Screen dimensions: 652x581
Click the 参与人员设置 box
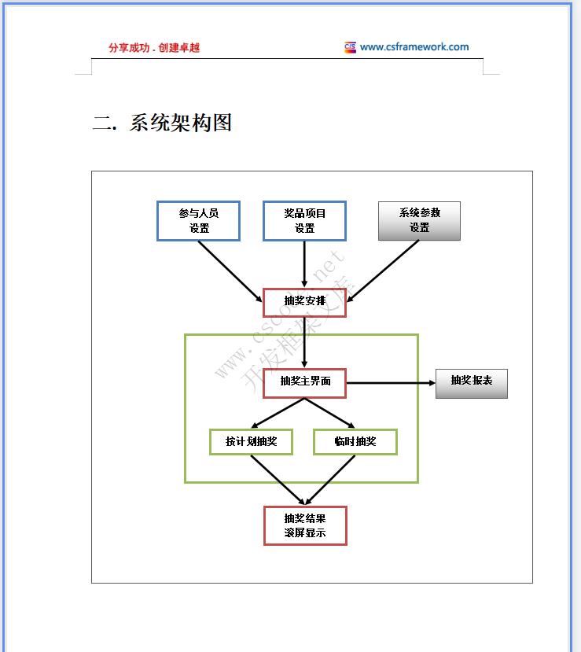(198, 221)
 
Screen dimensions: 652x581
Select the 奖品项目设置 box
(304, 221)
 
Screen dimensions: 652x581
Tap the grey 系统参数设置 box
(419, 221)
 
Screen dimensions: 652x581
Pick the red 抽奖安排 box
(304, 302)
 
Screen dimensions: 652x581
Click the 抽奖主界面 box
(304, 382)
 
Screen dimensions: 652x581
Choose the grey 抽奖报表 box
(472, 383)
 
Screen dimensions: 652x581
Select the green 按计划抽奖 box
(251, 441)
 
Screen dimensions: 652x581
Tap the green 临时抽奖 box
(355, 441)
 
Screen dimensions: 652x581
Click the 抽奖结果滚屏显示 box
(304, 525)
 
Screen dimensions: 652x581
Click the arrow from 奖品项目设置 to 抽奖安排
(304, 263)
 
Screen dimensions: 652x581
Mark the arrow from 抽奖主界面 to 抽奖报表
(391, 383)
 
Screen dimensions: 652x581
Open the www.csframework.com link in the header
(414, 46)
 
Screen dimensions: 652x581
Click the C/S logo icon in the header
(350, 47)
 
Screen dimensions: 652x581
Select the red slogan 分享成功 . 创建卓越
(154, 47)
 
